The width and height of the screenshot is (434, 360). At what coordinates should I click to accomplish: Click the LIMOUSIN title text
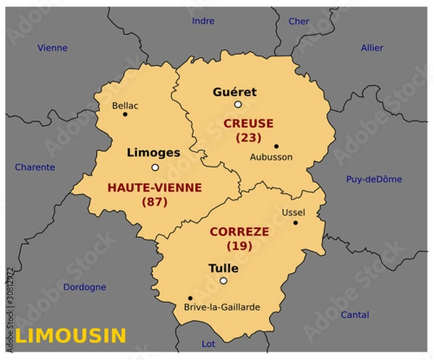pos(71,335)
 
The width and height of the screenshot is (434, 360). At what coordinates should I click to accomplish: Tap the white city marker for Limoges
pos(154,168)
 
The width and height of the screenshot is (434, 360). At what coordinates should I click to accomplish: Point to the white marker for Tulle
pos(224,281)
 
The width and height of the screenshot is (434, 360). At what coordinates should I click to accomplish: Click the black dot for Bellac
pos(125,113)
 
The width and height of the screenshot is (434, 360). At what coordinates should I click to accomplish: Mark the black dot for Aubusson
pos(276,145)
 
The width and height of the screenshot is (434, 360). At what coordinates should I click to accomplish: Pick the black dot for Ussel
pos(295,223)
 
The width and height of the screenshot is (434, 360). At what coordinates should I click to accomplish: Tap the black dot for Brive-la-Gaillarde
pos(190,297)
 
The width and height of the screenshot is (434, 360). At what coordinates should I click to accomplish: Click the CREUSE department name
pos(248,124)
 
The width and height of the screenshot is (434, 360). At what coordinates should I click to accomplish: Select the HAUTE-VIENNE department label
pos(155,187)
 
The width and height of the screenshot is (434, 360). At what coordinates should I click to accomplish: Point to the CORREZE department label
pos(239,232)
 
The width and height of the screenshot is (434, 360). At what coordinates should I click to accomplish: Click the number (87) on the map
pos(154,202)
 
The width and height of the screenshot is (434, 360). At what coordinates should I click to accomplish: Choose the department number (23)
pos(248,137)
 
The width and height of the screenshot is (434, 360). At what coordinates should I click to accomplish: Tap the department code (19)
pos(239,246)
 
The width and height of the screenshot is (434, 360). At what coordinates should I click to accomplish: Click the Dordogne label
pos(85,287)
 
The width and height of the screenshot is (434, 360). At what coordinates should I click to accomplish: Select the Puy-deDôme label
pos(374,179)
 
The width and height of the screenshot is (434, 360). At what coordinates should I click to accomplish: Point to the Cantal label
pos(354,314)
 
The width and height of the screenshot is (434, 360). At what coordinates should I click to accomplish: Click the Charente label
pos(35,167)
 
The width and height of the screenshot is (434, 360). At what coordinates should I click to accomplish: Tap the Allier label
pos(372,48)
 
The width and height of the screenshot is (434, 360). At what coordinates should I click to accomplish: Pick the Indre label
pos(203,21)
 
